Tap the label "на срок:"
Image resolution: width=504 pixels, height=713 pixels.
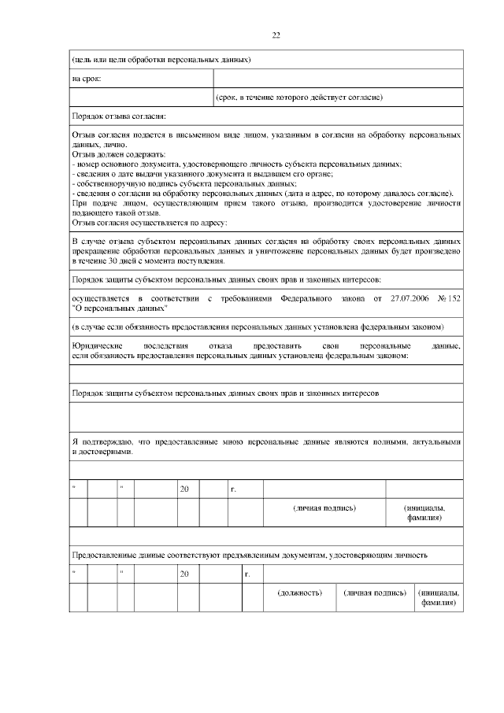click(87, 79)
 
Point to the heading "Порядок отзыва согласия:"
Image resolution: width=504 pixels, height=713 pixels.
click(119, 117)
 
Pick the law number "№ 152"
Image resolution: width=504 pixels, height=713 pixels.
click(446, 299)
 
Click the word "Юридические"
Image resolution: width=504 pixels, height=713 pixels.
click(97, 346)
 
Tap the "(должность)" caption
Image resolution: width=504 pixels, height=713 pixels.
click(300, 592)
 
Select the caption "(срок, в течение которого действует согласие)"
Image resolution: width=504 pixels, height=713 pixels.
click(299, 98)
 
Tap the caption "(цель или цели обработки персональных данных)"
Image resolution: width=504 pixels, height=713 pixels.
click(161, 59)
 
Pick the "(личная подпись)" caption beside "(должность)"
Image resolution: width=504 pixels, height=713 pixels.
click(375, 592)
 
